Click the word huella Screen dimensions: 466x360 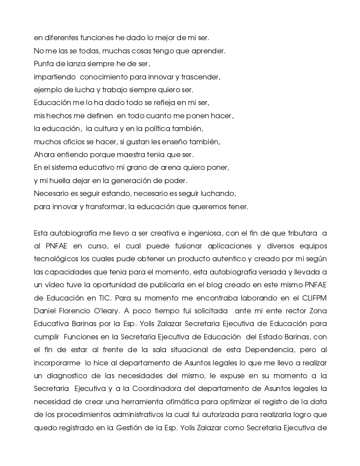pyautogui.click(x=62, y=181)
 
